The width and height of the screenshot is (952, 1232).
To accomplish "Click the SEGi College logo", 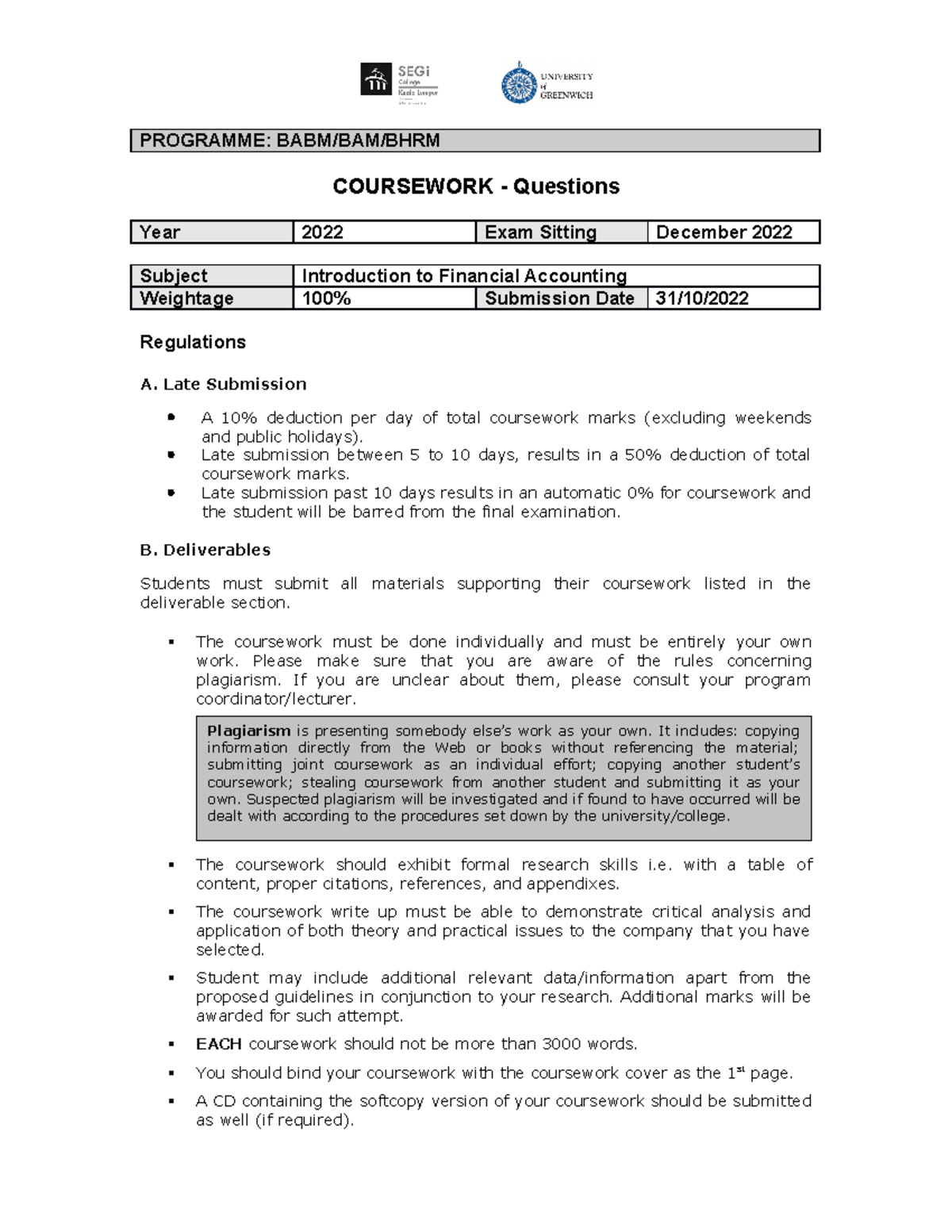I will point(399,83).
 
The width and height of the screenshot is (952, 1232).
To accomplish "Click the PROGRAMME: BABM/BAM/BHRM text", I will point(290,141).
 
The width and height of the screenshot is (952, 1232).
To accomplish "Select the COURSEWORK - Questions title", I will point(476,186).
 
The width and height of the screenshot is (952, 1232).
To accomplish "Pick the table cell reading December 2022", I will point(724,232).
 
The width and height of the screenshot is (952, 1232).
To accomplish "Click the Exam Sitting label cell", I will point(540,232).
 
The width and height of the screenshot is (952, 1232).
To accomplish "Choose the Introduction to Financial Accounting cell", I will point(464,276).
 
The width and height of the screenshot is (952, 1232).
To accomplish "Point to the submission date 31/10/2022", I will point(702,298).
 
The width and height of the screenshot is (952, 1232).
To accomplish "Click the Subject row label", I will point(174,276).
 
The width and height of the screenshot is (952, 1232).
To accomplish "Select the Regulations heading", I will point(193,342).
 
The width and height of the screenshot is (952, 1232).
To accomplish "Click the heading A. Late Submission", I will point(223,384).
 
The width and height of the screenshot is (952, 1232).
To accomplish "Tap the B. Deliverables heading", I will point(205,550).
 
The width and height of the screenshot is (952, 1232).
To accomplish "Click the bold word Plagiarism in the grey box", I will point(248,731).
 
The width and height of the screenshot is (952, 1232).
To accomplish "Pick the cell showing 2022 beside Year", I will point(322,232).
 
